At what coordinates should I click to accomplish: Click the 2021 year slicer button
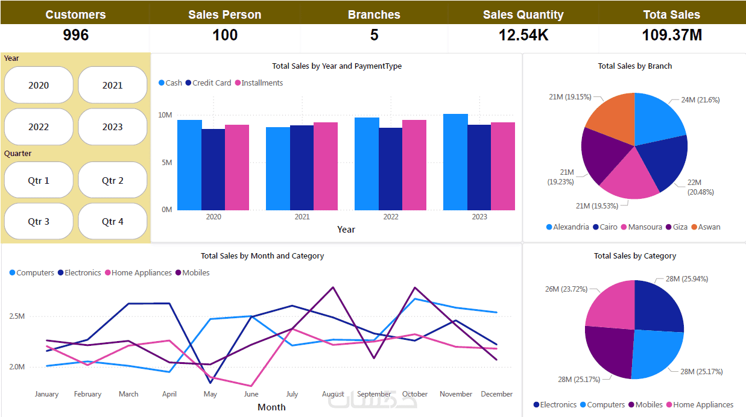pyautogui.click(x=113, y=85)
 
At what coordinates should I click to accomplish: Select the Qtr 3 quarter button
pyautogui.click(x=39, y=221)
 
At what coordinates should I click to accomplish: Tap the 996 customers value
pyautogui.click(x=75, y=36)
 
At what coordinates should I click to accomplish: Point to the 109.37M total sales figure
pyautogui.click(x=672, y=36)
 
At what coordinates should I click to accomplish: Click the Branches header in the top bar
pyautogui.click(x=374, y=14)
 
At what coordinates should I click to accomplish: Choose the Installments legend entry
pyautogui.click(x=262, y=83)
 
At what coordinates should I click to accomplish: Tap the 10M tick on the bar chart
pyautogui.click(x=165, y=115)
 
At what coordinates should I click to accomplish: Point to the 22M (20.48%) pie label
pyautogui.click(x=700, y=187)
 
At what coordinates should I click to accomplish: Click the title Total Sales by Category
pyautogui.click(x=634, y=256)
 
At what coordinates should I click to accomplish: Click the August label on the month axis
pyautogui.click(x=333, y=394)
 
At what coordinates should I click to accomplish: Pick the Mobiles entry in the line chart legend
pyautogui.click(x=195, y=273)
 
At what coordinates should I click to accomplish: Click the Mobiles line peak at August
pyautogui.click(x=333, y=287)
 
